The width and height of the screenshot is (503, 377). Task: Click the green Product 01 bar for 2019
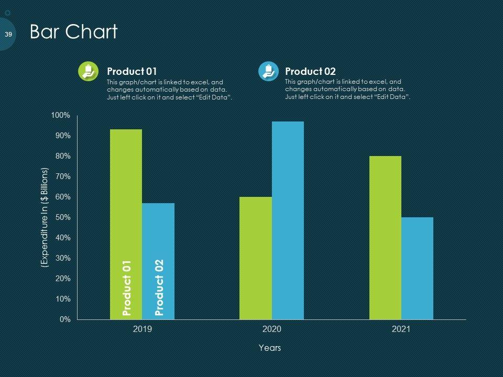click(x=126, y=209)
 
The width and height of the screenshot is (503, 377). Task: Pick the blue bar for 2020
click(x=288, y=220)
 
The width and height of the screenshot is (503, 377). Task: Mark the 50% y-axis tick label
click(x=62, y=217)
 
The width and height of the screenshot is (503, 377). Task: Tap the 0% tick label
click(x=64, y=319)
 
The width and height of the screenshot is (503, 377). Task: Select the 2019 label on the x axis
click(x=142, y=330)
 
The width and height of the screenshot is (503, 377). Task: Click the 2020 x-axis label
click(x=271, y=330)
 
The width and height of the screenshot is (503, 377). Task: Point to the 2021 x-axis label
click(x=401, y=330)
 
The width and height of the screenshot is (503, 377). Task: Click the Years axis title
click(x=270, y=348)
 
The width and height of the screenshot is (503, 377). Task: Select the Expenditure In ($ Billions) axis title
click(x=45, y=218)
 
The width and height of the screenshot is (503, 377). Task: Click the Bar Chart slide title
click(x=73, y=32)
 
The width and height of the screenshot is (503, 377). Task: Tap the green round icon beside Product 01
click(x=88, y=72)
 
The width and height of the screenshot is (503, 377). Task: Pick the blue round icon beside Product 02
click(x=269, y=72)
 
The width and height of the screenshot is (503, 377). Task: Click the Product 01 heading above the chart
click(x=132, y=71)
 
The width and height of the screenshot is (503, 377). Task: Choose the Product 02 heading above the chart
click(x=310, y=71)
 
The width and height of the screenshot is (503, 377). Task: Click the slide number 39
click(x=8, y=34)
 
